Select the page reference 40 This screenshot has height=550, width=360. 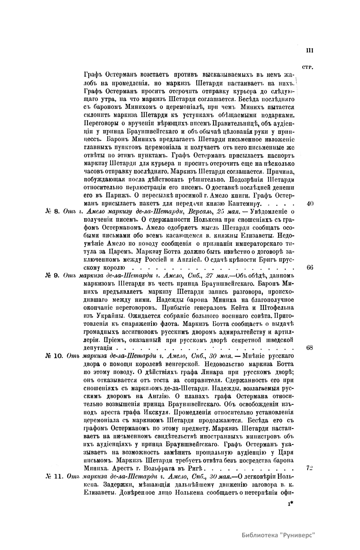[310, 204]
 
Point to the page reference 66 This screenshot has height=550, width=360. [310, 267]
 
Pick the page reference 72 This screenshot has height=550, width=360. [310, 468]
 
